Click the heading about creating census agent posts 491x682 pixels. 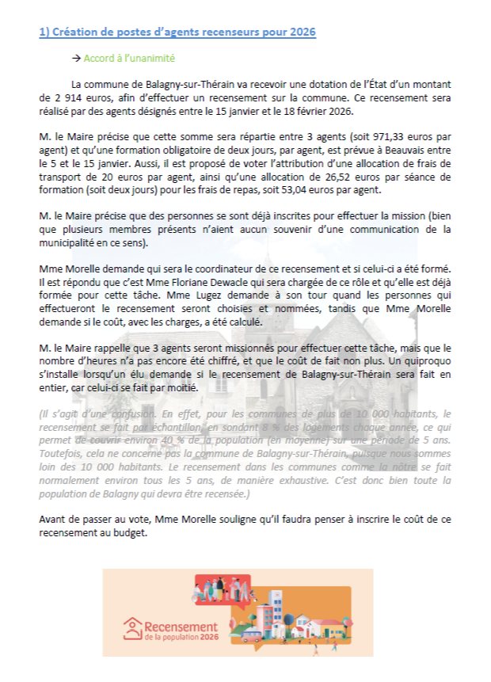pos(177,32)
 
